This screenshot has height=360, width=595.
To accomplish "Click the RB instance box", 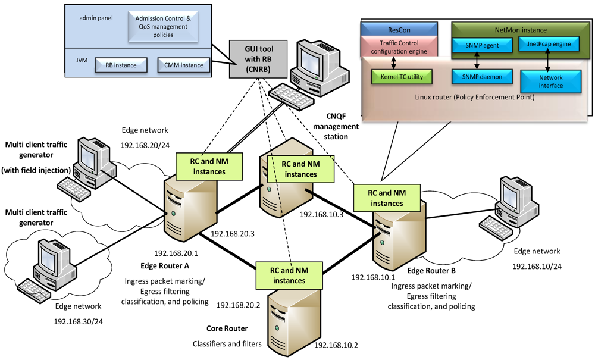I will pyautogui.click(x=121, y=65).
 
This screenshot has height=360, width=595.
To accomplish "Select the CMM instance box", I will pyautogui.click(x=183, y=65).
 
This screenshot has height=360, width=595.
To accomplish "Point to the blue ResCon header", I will pyautogui.click(x=399, y=28).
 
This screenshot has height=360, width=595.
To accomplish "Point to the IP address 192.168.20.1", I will pyautogui.click(x=176, y=252).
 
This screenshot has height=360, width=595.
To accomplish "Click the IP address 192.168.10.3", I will pyautogui.click(x=321, y=214).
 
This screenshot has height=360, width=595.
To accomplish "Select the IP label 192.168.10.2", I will pyautogui.click(x=336, y=345).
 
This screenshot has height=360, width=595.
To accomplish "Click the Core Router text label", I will pyautogui.click(x=227, y=328).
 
